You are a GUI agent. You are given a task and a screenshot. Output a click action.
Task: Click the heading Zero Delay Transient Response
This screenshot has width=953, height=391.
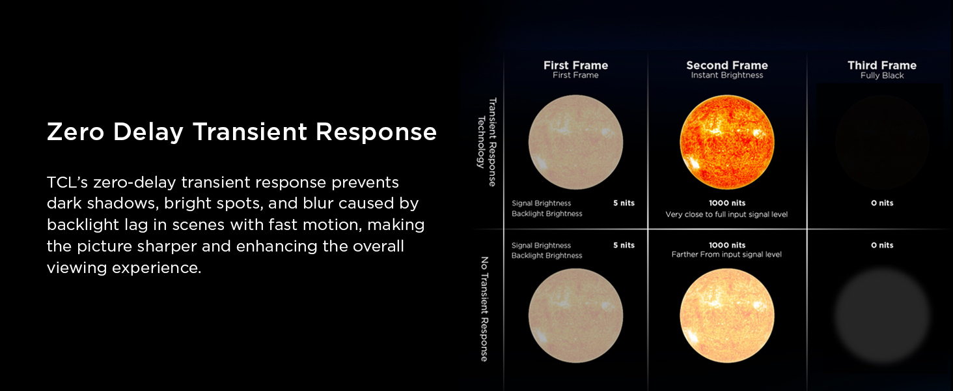(x=242, y=132)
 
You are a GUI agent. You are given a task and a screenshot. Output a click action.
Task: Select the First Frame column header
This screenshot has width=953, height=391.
(x=575, y=65)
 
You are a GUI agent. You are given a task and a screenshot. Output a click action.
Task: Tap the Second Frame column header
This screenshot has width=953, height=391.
(x=726, y=65)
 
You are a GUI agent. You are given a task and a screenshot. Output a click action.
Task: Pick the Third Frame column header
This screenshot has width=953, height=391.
(x=881, y=65)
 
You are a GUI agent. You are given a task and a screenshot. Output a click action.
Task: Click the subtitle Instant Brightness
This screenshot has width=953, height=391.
(x=726, y=76)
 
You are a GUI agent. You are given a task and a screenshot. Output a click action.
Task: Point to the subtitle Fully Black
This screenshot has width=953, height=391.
(x=881, y=76)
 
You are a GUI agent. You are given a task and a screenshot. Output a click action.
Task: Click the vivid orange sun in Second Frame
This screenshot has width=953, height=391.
(x=726, y=141)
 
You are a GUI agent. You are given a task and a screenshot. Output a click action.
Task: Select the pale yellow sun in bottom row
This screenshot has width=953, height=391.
(x=726, y=315)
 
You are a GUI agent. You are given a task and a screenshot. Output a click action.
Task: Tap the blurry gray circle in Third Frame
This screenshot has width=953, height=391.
(x=881, y=315)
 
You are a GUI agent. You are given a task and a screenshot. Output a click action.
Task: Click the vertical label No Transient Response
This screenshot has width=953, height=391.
(x=484, y=308)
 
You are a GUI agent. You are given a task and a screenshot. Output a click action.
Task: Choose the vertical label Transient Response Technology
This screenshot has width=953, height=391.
(x=488, y=141)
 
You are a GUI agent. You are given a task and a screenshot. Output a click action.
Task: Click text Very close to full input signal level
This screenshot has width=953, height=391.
(x=726, y=214)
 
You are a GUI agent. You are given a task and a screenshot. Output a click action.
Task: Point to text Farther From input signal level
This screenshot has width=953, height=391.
(x=726, y=255)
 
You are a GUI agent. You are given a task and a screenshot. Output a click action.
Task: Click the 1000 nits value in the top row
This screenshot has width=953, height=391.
(x=726, y=203)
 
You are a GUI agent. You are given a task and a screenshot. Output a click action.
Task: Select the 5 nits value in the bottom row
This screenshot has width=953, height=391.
(x=623, y=246)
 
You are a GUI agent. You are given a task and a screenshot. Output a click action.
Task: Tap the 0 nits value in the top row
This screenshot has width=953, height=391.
(x=881, y=203)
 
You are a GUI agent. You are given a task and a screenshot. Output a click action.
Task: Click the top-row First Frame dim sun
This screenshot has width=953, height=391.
(x=575, y=141)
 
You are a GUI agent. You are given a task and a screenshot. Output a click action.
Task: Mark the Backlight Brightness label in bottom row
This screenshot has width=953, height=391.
(x=547, y=256)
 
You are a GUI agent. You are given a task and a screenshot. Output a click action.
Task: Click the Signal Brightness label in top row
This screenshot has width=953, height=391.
(x=541, y=203)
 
